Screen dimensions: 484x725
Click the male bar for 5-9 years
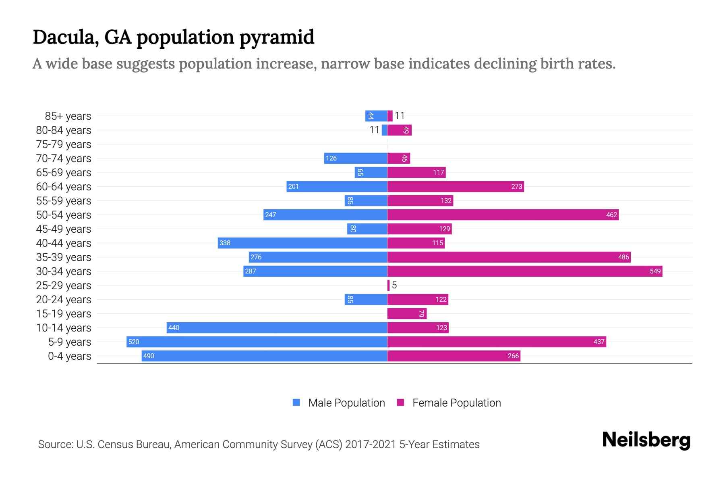tap(257, 342)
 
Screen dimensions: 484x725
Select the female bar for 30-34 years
tap(524, 271)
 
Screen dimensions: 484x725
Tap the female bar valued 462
tap(503, 215)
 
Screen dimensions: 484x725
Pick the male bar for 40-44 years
tap(302, 243)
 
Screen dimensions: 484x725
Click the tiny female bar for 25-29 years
tap(388, 285)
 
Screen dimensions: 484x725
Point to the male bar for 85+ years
tap(376, 116)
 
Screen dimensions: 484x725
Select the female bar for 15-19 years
tap(406, 313)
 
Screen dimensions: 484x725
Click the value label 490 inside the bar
tap(149, 356)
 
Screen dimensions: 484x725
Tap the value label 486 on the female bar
tap(623, 257)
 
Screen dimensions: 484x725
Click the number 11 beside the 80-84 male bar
tap(374, 130)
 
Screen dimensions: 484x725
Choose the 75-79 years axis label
tap(64, 144)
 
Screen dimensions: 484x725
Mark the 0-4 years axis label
tap(69, 356)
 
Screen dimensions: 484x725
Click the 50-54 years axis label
tap(64, 215)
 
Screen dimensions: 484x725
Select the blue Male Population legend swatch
tap(296, 403)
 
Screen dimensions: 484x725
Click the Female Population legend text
tap(456, 403)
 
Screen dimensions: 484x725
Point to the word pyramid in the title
tap(277, 37)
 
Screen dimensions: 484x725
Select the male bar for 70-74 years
tap(355, 158)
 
